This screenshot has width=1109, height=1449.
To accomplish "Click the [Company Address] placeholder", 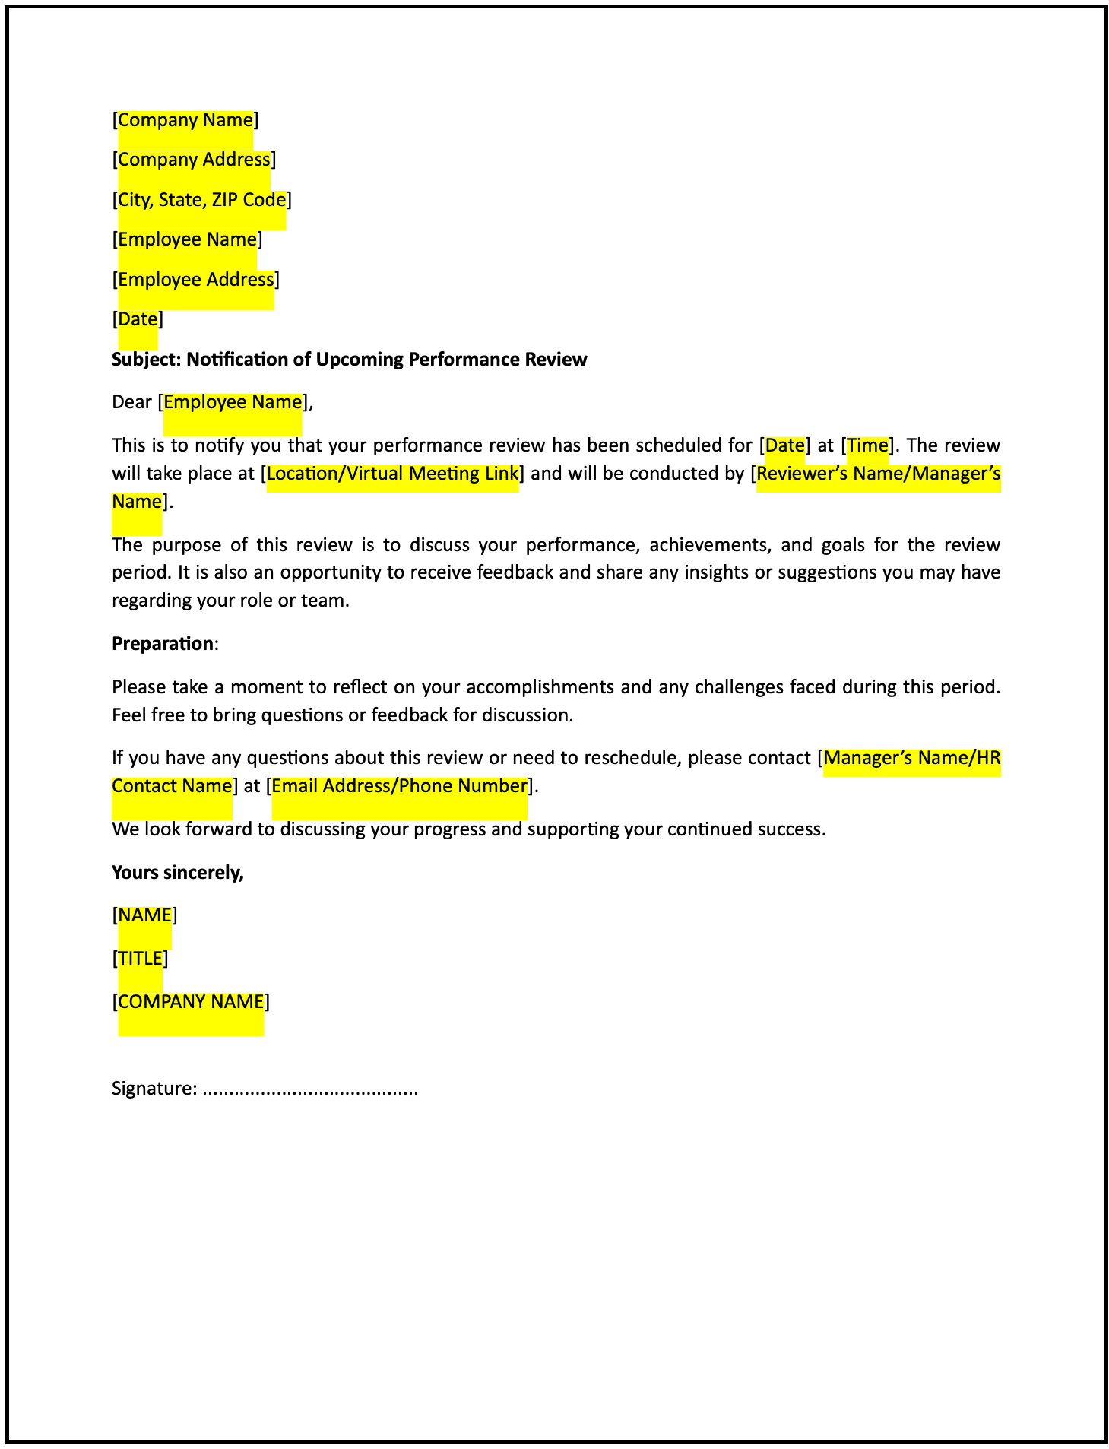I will point(194,160).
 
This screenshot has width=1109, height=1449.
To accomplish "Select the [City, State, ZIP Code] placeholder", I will point(201,200).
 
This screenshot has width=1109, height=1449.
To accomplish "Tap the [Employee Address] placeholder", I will point(195,280).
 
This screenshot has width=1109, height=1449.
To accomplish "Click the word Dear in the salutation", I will point(131,402).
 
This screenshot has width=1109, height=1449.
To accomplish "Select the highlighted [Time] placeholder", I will point(867,445).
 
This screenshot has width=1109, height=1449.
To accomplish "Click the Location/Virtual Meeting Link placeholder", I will point(392,474).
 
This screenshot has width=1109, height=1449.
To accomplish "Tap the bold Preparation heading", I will point(163,644).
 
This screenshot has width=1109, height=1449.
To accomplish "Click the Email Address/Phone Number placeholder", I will point(399,786).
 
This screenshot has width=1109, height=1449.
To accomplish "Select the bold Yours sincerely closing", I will point(178,873).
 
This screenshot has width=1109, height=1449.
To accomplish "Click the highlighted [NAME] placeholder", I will point(144,915).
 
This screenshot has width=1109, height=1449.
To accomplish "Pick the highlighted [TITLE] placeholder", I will point(140,959).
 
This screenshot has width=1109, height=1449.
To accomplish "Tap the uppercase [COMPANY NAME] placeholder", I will point(191,1002).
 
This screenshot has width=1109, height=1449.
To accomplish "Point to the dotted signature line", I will point(311,1090).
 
